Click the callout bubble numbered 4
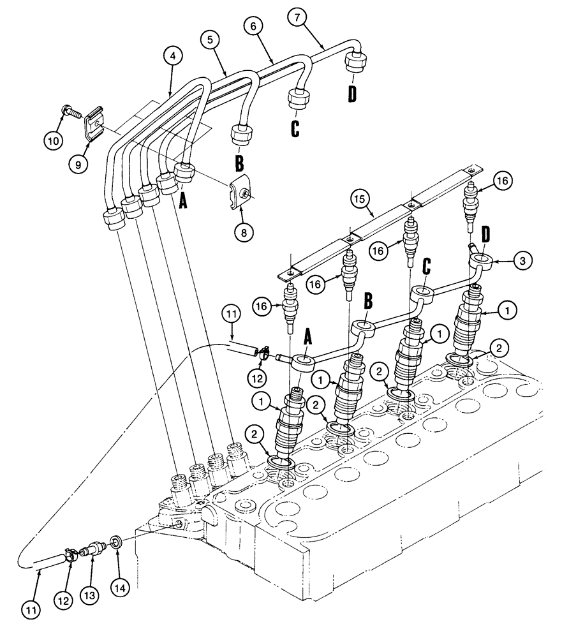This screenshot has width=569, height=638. point(172,56)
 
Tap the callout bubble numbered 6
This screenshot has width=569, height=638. point(253,25)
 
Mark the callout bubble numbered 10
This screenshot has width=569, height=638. point(54,138)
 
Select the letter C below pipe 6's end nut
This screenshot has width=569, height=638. point(295,128)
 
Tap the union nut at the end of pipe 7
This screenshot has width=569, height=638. point(355,64)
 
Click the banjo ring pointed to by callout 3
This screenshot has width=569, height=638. point(482,258)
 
